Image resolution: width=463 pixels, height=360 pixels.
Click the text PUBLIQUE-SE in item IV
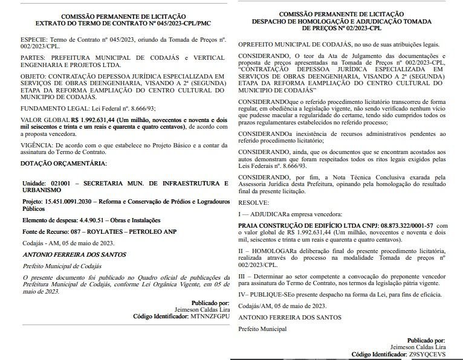pyautogui.click(x=267, y=294)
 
